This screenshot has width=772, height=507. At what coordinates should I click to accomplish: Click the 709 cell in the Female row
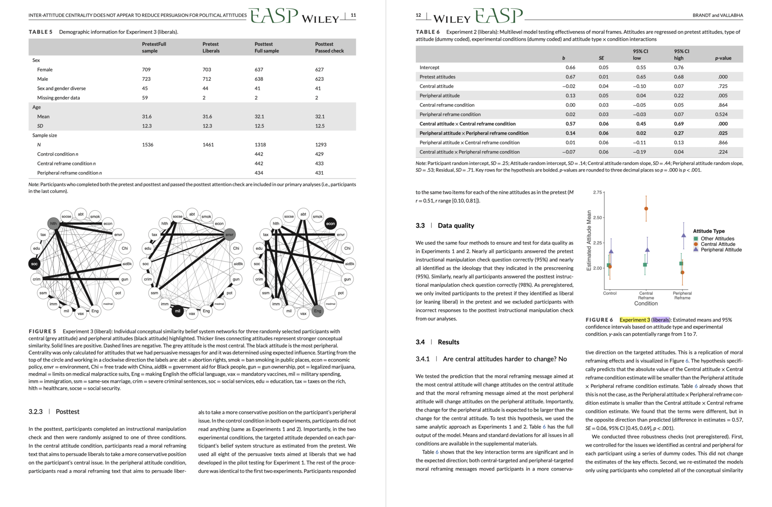(146, 70)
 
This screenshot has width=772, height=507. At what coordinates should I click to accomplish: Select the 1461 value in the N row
(208, 145)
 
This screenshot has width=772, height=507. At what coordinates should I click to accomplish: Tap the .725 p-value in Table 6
(722, 86)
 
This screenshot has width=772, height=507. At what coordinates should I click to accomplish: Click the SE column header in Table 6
(601, 58)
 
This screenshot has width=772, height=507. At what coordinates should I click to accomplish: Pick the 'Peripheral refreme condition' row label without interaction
(450, 114)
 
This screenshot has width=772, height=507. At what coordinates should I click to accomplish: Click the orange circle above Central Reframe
(646, 209)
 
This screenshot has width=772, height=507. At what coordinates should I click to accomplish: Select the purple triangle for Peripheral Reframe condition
(683, 235)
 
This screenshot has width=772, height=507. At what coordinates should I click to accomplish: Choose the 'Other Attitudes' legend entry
(717, 239)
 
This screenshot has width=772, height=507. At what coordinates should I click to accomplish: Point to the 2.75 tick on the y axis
(597, 192)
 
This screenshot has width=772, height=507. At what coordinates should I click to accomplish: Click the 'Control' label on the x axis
(610, 293)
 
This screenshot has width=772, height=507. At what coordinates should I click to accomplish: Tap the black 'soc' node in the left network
(34, 264)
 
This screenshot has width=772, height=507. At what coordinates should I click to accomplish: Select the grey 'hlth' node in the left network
(53, 223)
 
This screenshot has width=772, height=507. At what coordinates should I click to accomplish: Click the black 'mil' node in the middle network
(177, 311)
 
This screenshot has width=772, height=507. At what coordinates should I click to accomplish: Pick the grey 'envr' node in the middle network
(229, 235)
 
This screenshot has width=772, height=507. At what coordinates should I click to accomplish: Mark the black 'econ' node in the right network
(331, 223)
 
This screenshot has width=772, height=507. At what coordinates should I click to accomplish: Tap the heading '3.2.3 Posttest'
(54, 411)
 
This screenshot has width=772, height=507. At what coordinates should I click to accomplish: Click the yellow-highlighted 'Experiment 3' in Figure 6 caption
(634, 320)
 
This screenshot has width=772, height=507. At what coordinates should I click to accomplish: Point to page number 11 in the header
(353, 15)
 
